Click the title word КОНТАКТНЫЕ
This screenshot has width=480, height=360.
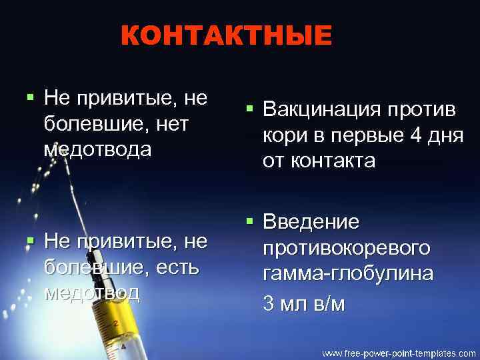[226, 36]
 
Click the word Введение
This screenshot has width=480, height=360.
[311, 221]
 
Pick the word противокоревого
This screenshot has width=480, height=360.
[346, 248]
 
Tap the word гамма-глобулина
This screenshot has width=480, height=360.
[347, 274]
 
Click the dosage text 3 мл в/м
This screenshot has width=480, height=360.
[304, 304]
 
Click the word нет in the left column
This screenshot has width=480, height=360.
[171, 124]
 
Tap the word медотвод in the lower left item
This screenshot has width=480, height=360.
[91, 293]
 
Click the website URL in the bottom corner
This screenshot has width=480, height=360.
[399, 352]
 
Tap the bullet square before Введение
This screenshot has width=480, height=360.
[249, 219]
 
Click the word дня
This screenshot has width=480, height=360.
[445, 135]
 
